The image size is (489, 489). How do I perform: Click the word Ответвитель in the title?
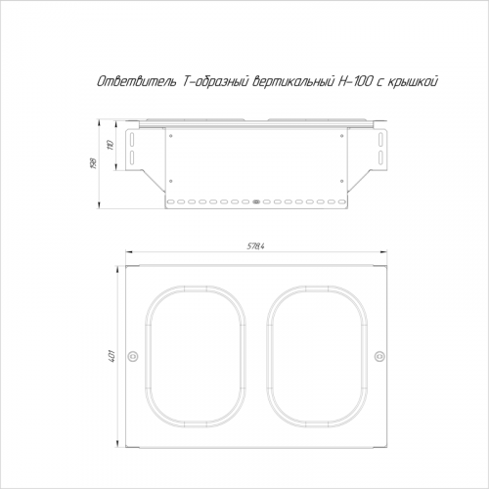point(136,82)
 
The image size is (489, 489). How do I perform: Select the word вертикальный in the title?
point(292,82)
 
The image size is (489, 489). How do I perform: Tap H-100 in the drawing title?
point(354,82)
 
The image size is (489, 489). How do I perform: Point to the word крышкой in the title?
point(412,82)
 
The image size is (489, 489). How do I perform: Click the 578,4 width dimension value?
point(255,246)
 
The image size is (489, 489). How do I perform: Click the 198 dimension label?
point(93,163)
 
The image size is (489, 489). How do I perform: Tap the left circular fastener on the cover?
point(133,356)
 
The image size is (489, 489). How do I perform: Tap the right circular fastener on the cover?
point(378,356)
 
